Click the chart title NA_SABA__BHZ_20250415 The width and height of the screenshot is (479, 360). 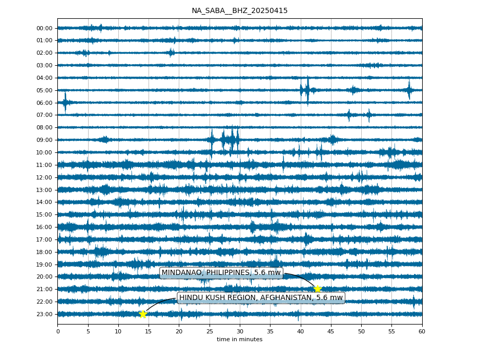click(x=240, y=11)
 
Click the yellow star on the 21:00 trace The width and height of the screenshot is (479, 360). click(x=317, y=289)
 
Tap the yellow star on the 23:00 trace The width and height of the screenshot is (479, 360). click(x=143, y=314)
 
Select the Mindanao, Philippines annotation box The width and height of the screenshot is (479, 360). click(x=221, y=272)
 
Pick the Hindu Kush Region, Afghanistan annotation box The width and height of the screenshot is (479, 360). click(x=261, y=297)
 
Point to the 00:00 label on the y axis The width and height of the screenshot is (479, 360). click(x=45, y=29)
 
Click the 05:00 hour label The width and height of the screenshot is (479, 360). click(x=45, y=91)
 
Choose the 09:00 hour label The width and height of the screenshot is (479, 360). click(x=45, y=140)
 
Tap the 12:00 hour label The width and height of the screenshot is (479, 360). click(x=45, y=177)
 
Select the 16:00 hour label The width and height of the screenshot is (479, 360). click(x=45, y=227)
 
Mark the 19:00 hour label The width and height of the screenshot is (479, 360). click(x=45, y=265)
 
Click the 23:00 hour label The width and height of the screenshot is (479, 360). click(x=45, y=314)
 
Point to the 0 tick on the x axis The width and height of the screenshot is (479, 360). click(x=58, y=331)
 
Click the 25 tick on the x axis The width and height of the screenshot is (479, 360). click(x=210, y=331)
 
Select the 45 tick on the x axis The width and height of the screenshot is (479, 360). click(x=331, y=331)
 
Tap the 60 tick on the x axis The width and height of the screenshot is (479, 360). click(x=422, y=331)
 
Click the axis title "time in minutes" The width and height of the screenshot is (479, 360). click(x=240, y=339)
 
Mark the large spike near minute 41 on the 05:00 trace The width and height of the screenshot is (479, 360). click(x=308, y=90)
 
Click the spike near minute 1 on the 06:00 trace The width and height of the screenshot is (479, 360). click(x=65, y=102)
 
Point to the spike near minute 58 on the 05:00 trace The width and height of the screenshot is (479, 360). click(x=409, y=90)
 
